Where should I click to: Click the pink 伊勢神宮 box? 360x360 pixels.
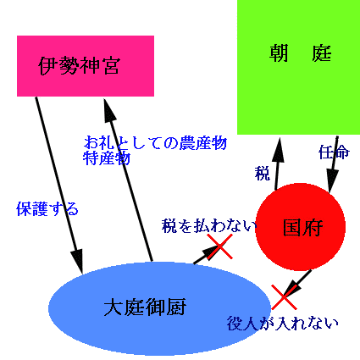(86, 66)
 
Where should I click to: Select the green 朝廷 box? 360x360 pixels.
(298, 67)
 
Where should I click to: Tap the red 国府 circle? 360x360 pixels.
(301, 227)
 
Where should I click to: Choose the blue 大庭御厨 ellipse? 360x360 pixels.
(159, 308)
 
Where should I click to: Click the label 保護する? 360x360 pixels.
(47, 209)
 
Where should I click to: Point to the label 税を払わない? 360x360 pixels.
(209, 226)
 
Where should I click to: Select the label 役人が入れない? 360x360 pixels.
(283, 324)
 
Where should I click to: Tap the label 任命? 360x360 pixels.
(334, 152)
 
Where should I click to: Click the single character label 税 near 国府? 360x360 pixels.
(263, 174)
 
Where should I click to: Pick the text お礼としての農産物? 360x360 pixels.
(156, 143)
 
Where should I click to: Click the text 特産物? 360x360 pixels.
(107, 158)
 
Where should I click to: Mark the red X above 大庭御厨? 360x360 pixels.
(220, 246)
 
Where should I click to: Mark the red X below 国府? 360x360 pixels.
(284, 297)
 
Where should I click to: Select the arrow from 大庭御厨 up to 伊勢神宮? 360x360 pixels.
(128, 180)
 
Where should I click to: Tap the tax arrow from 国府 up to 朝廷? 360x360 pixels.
(278, 163)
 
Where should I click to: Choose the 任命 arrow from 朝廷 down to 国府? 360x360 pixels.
(333, 164)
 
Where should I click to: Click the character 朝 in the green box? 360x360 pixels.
(279, 53)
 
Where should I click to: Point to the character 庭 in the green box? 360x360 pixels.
(322, 53)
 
